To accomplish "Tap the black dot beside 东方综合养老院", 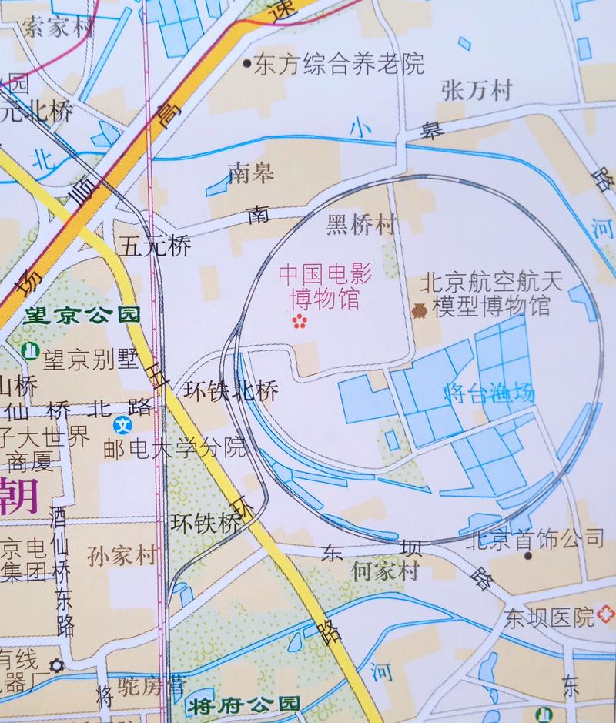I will (x=246, y=64).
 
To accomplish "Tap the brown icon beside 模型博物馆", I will (x=419, y=309).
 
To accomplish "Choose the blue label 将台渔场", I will (x=488, y=393).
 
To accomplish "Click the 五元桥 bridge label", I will (x=155, y=246).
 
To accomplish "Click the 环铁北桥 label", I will (x=230, y=391).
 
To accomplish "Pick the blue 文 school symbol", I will (x=122, y=424).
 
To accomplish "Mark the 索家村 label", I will (x=55, y=29).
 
